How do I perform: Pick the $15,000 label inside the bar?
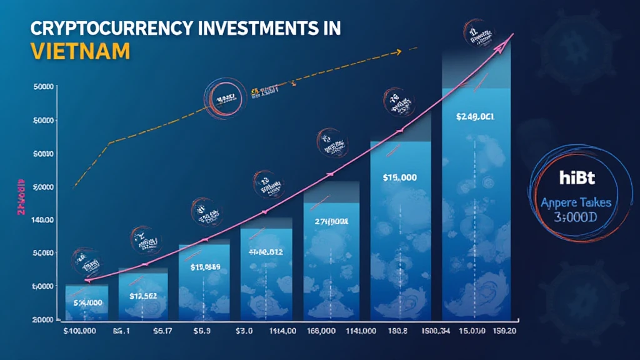pyautogui.click(x=399, y=177)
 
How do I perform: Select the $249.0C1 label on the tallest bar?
pyautogui.click(x=476, y=117)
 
